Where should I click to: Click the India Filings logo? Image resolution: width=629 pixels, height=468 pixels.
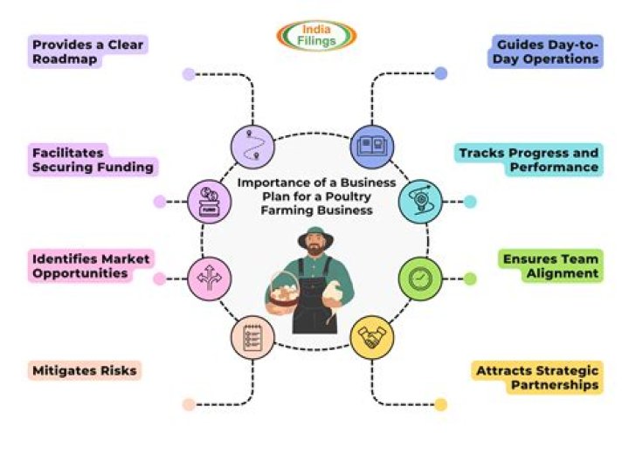click(x=317, y=35)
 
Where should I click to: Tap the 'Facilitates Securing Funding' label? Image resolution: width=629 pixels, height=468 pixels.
click(x=93, y=159)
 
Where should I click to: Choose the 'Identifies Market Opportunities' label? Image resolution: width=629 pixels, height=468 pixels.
click(x=91, y=265)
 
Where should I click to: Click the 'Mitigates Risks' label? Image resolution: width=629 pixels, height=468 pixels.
click(x=84, y=370)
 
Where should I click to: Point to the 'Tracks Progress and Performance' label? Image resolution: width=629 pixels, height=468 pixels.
click(x=530, y=160)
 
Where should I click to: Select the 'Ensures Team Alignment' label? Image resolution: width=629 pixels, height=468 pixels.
click(x=550, y=266)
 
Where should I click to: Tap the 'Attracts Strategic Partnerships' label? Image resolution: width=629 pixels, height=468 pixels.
click(x=537, y=377)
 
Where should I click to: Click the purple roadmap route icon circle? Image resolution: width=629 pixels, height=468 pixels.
click(x=252, y=146)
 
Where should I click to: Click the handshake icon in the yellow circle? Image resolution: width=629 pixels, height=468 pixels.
click(x=372, y=338)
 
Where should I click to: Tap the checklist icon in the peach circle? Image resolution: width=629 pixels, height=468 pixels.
click(x=252, y=338)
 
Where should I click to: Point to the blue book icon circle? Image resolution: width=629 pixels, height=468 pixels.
click(x=372, y=146)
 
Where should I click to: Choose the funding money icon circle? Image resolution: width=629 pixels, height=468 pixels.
click(x=210, y=199)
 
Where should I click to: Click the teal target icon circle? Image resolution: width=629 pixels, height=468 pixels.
click(x=420, y=200)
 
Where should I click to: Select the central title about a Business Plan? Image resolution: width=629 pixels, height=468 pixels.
click(x=317, y=196)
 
